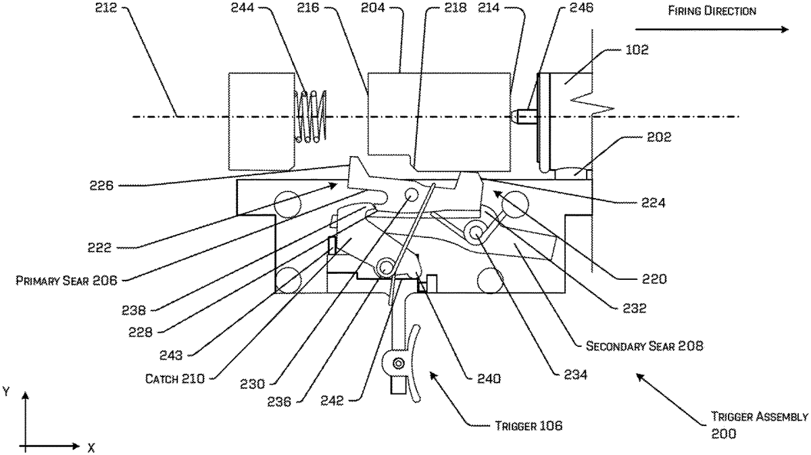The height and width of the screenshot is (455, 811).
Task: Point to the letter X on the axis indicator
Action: pyautogui.click(x=91, y=447)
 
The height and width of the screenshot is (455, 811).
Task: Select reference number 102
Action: pyautogui.click(x=637, y=49)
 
